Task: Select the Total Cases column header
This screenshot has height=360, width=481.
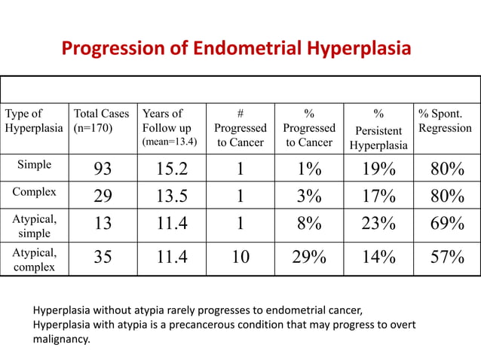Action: click(x=102, y=121)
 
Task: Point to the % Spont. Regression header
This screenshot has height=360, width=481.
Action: click(x=445, y=121)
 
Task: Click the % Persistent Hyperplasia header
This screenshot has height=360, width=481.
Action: click(x=378, y=129)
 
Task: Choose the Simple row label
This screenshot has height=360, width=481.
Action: click(x=34, y=166)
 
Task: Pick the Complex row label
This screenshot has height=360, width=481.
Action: click(x=34, y=191)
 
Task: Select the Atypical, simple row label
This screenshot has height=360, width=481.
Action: click(x=34, y=225)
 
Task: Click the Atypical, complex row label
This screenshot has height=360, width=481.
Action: click(x=34, y=259)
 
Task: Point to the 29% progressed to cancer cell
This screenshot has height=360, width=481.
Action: click(x=309, y=258)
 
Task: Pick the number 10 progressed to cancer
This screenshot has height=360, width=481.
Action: click(x=240, y=258)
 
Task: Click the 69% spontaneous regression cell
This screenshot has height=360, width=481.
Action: click(x=446, y=224)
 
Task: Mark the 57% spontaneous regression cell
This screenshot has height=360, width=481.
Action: click(x=446, y=258)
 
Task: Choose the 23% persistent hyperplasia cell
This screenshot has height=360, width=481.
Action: click(x=378, y=224)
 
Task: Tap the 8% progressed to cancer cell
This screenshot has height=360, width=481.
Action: click(x=309, y=224)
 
